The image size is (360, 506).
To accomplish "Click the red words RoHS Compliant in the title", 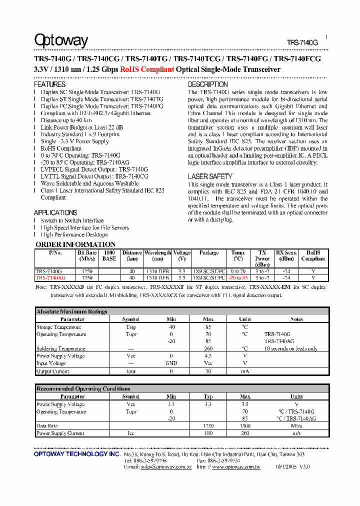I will (x=147, y=70).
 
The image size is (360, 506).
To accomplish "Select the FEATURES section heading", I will (x=49, y=85).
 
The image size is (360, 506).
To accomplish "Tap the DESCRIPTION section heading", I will (x=208, y=85).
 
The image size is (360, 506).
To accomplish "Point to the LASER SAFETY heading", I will (x=210, y=176).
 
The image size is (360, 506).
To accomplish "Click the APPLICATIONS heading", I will (x=55, y=212).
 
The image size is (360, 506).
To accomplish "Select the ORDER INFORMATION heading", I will (x=75, y=244).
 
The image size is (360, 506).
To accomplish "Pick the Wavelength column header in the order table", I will (x=157, y=253).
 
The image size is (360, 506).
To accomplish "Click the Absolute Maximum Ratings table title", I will (x=72, y=311).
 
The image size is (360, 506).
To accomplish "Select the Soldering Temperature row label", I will (x=61, y=348).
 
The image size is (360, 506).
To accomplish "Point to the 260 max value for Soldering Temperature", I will (x=208, y=348).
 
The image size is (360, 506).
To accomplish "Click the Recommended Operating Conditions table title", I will (x=83, y=388).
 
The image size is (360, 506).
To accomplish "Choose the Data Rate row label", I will (x=47, y=426).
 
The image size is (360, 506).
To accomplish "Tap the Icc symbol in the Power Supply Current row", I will (x=131, y=433).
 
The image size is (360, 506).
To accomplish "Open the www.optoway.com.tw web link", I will (x=236, y=466).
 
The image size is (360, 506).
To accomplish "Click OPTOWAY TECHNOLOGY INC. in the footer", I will (x=77, y=454).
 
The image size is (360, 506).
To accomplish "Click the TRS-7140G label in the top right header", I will (x=302, y=43).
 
